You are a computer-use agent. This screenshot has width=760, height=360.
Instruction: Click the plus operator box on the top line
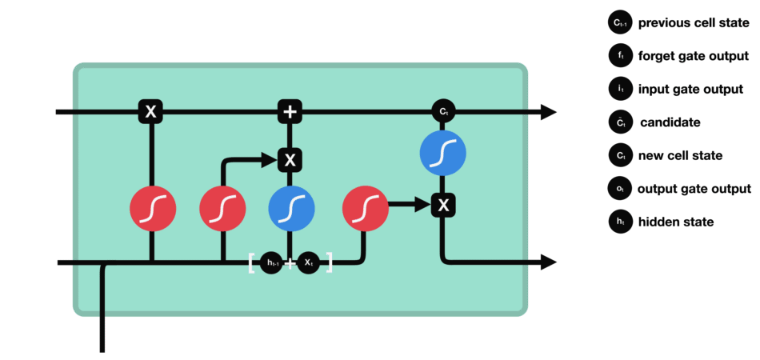pos(290,112)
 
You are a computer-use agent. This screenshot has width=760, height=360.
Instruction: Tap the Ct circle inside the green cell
pos(442,112)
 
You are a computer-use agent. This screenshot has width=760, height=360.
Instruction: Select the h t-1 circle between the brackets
pos(272,262)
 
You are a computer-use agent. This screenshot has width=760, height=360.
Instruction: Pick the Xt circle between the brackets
pos(308,262)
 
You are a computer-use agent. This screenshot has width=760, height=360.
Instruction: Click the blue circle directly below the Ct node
pos(442,152)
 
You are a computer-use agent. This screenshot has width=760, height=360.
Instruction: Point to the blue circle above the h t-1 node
pos(290,210)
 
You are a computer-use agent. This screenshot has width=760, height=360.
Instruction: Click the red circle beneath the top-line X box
pos(152,210)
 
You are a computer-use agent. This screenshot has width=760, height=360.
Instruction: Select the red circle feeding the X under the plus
pos(222,210)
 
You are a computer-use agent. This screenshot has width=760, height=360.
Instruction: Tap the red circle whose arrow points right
pos(365,210)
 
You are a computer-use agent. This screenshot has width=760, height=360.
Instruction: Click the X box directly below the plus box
pos(290,160)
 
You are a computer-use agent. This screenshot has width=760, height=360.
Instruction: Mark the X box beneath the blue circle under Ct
pos(442,206)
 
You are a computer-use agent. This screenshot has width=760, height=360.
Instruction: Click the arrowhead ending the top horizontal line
pos(548,112)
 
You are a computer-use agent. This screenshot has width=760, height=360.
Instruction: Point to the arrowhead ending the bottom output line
pos(548,262)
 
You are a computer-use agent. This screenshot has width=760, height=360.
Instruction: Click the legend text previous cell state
pos(694,23)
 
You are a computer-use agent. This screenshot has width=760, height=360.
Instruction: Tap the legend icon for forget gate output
pos(620,56)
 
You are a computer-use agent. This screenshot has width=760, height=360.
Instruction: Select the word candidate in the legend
pos(670,122)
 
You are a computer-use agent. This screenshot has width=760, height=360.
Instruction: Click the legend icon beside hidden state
pos(620,222)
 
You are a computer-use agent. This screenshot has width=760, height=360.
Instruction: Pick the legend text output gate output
pos(694,189)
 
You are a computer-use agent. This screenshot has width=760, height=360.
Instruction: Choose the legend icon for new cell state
pos(620,156)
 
